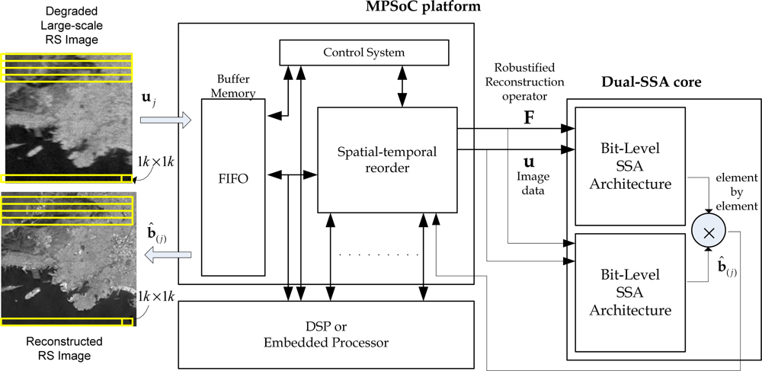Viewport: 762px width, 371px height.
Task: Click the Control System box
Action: [x=363, y=53]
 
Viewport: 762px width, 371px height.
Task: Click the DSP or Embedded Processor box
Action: [x=325, y=334]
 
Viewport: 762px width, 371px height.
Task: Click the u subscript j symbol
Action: [x=147, y=99]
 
